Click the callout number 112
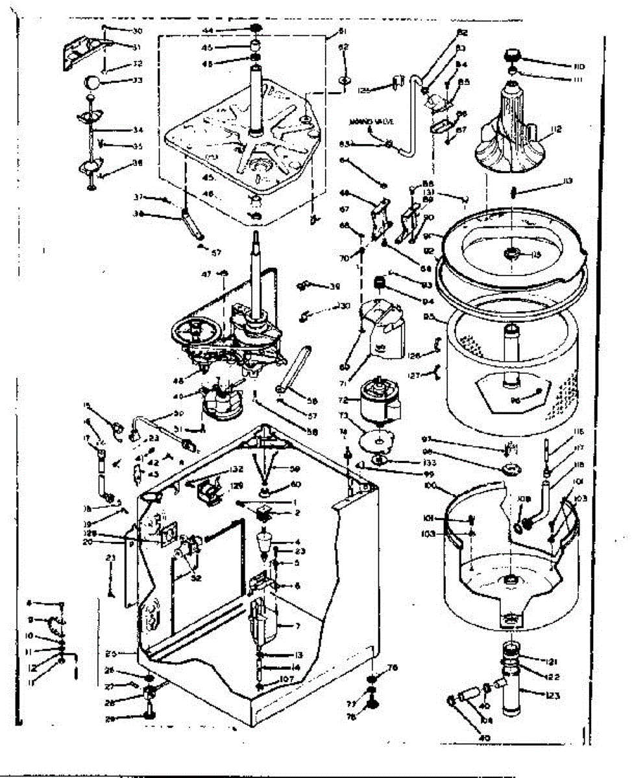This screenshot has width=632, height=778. (555, 130)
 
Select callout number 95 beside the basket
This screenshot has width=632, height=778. (429, 318)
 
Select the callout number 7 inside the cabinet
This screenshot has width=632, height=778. (298, 626)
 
